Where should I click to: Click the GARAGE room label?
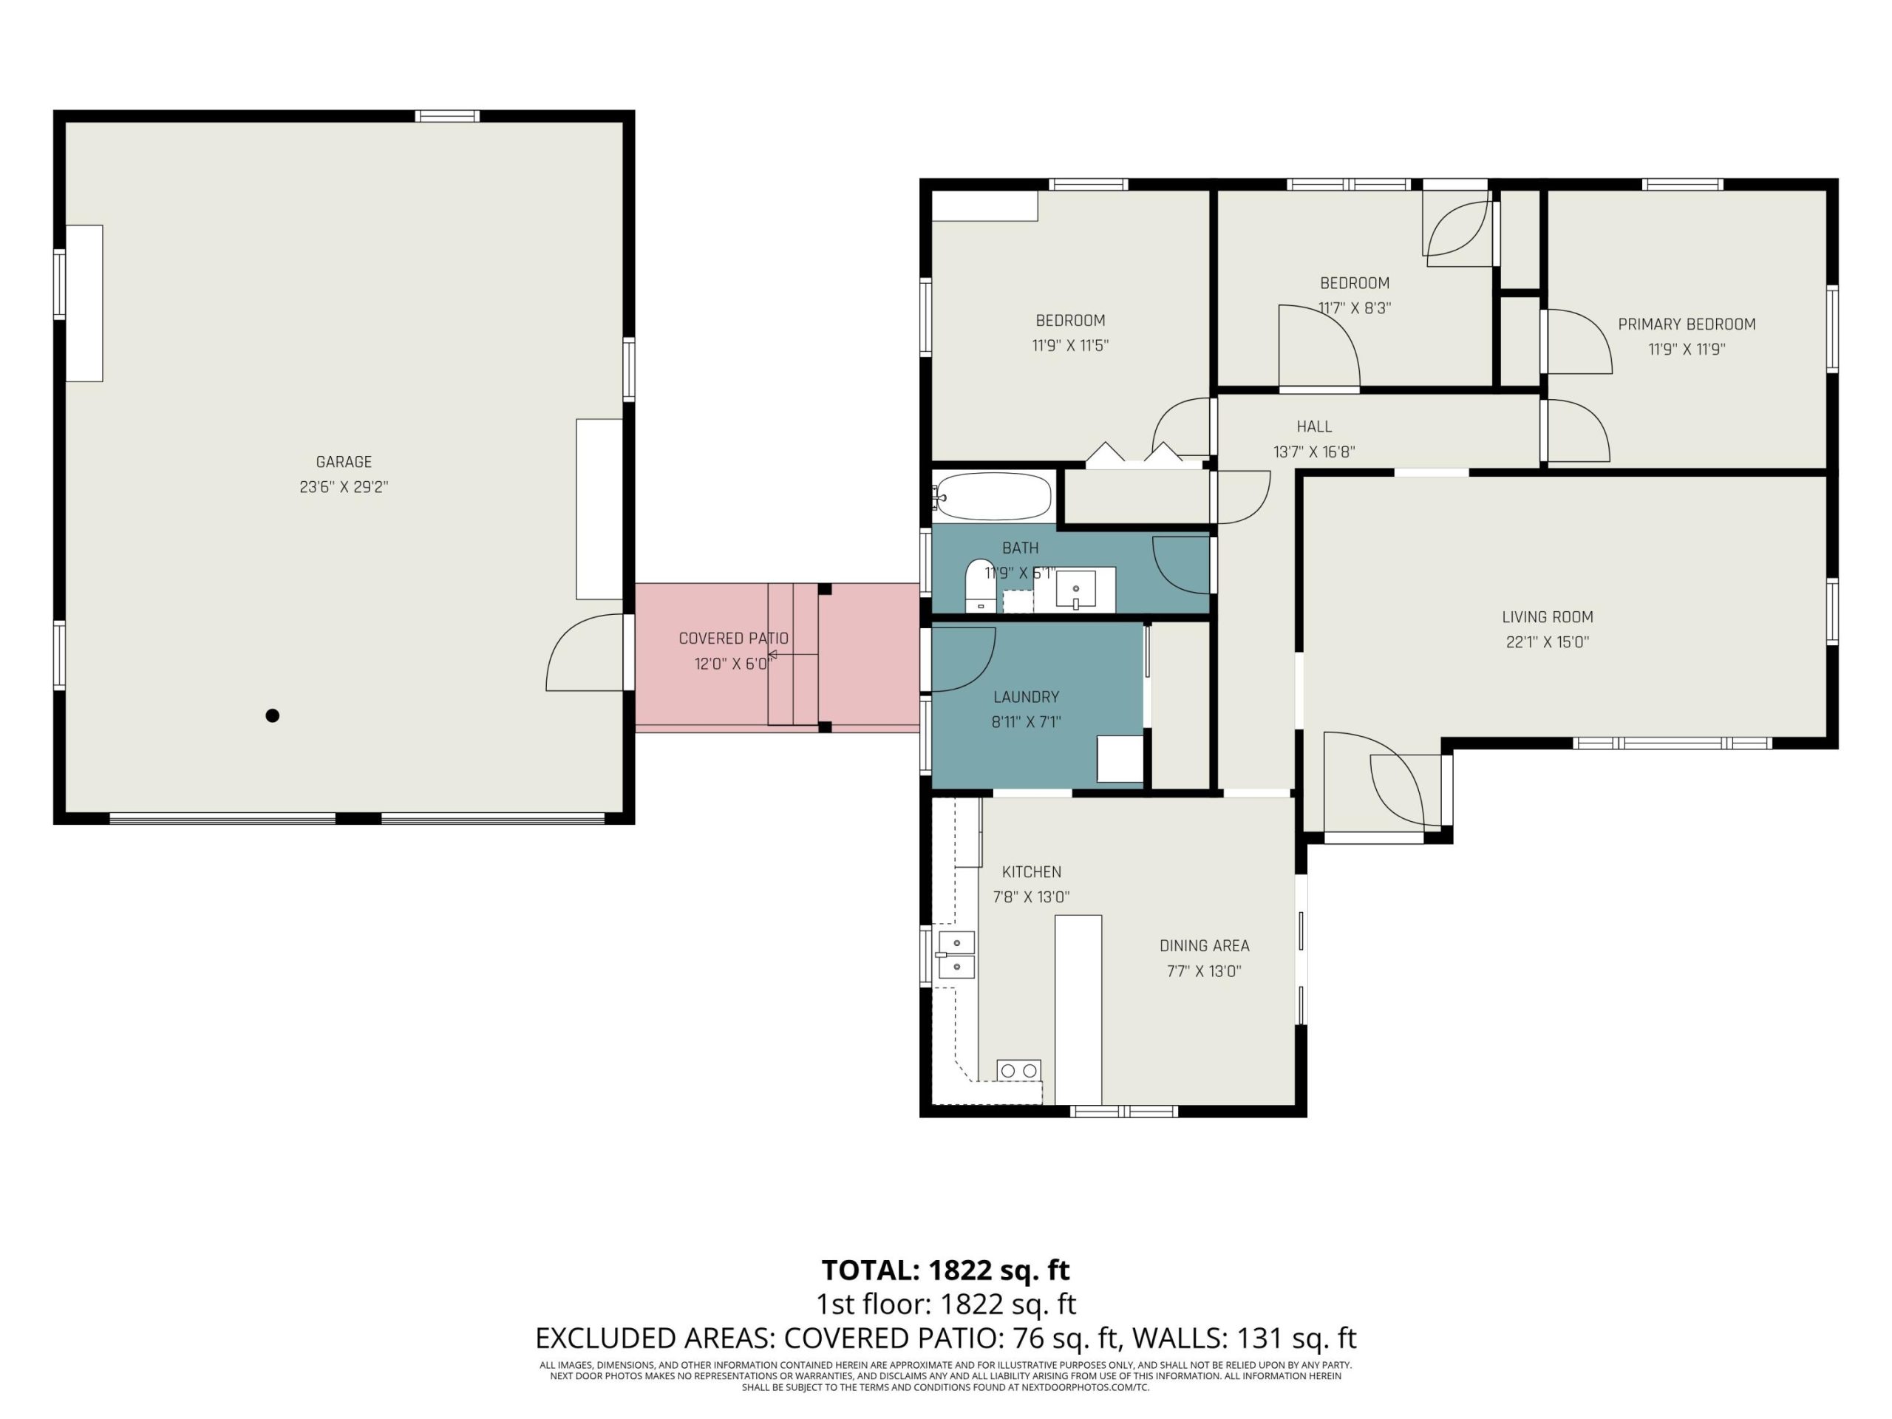point(344,462)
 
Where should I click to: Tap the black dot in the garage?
point(272,716)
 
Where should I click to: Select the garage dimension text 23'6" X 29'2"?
point(344,487)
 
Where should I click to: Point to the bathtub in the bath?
point(992,496)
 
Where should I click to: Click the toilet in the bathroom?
point(980,586)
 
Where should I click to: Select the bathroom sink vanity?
point(1075,589)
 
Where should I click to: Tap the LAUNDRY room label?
point(1027,697)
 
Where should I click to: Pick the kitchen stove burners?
point(1018,1070)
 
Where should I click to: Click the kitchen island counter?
point(1078,1010)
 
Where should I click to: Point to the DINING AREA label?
point(1205,946)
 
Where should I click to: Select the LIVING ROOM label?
point(1548,616)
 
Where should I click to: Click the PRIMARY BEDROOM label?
point(1686,324)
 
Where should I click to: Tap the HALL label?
point(1314,427)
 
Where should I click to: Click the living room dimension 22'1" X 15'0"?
point(1548,642)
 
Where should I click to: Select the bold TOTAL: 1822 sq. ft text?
point(945,1270)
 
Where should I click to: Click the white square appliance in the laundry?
point(1120,759)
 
